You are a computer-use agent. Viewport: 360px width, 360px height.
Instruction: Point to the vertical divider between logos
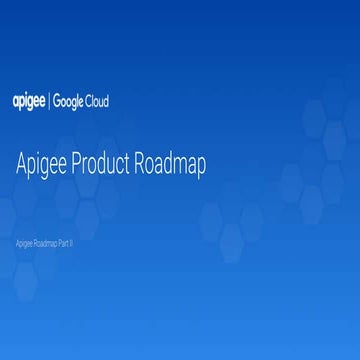pyautogui.click(x=50, y=102)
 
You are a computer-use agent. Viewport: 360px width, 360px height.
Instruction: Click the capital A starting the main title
pyautogui.click(x=23, y=164)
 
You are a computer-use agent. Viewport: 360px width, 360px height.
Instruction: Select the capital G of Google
pyautogui.click(x=57, y=102)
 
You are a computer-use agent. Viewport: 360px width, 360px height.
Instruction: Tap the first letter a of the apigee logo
pyautogui.click(x=15, y=102)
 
